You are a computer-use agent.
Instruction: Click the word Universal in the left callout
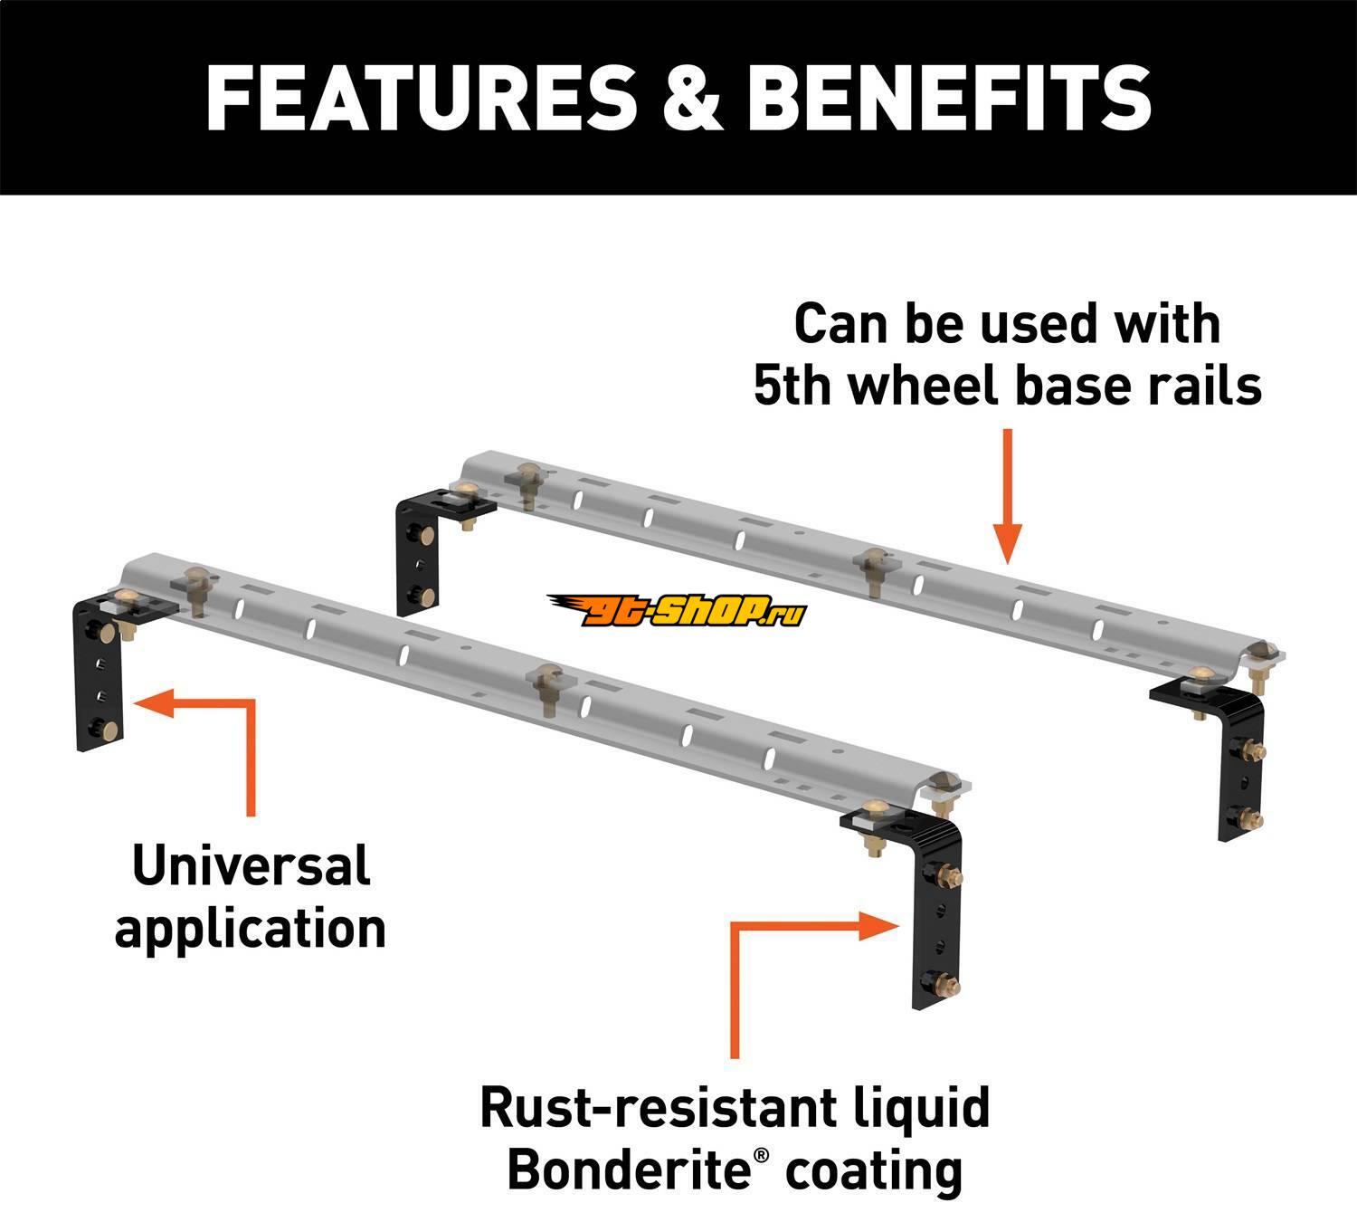tap(251, 865)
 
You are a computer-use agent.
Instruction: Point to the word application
tap(251, 929)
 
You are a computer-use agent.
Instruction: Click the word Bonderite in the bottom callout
tap(628, 1169)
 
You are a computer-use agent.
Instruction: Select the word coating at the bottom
tap(873, 1169)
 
